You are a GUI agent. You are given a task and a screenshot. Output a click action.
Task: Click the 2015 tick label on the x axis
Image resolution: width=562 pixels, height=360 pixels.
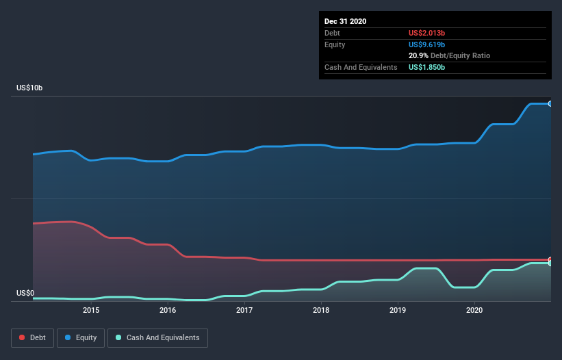pyautogui.click(x=91, y=310)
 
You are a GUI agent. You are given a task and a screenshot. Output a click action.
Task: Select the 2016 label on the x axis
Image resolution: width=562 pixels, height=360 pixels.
pyautogui.click(x=168, y=310)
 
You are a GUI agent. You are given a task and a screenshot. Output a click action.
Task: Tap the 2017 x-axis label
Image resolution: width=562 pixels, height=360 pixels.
pyautogui.click(x=244, y=310)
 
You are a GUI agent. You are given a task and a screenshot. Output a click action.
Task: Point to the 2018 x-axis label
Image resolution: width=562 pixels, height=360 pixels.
pyautogui.click(x=321, y=310)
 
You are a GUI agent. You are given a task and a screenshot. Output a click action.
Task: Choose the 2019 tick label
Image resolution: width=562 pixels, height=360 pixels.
pyautogui.click(x=398, y=310)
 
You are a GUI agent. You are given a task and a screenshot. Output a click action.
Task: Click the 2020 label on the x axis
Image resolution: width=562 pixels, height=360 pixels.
pyautogui.click(x=474, y=310)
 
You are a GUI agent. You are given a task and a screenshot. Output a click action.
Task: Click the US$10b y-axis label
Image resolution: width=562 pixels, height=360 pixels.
pyautogui.click(x=32, y=88)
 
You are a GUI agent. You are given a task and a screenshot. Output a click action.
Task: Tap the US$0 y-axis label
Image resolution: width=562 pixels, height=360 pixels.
pyautogui.click(x=26, y=294)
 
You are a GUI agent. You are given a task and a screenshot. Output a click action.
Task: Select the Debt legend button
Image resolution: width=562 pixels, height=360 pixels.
pyautogui.click(x=31, y=337)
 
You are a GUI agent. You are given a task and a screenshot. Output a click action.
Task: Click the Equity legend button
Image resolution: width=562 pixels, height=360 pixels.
pyautogui.click(x=81, y=337)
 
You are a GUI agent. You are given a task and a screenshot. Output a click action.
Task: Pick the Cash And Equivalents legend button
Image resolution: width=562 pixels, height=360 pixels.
pyautogui.click(x=157, y=337)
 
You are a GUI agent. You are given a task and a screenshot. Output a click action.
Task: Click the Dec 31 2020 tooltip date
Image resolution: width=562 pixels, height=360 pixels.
pyautogui.click(x=346, y=21)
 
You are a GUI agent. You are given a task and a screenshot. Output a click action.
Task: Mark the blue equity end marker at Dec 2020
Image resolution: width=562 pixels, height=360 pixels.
pyautogui.click(x=550, y=103)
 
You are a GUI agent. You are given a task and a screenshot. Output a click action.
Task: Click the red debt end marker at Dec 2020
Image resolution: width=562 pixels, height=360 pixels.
pyautogui.click(x=550, y=260)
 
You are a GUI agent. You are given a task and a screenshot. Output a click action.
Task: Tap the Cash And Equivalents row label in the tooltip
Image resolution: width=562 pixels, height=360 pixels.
pyautogui.click(x=361, y=67)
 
